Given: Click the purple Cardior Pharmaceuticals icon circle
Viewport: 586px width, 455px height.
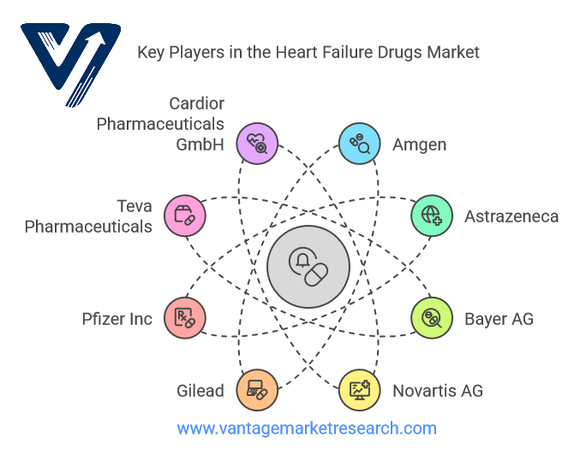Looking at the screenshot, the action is point(257,144).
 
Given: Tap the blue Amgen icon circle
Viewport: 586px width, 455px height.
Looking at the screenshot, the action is point(360,144).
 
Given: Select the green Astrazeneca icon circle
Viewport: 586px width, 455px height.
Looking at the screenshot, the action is point(432,216).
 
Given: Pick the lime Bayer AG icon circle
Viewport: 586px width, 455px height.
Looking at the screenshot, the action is point(432,318).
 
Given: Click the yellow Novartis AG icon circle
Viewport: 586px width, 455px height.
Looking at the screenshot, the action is point(360,390).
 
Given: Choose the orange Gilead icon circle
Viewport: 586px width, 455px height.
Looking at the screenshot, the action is point(257,390).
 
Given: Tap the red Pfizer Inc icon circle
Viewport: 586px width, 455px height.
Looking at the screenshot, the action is point(185,318).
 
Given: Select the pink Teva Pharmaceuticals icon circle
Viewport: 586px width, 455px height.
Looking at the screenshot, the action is point(185,216).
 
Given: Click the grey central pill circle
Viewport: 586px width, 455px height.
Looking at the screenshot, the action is point(308,267).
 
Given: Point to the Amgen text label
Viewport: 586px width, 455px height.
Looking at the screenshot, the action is point(419,145).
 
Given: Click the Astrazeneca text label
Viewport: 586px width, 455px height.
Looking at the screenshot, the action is point(511,216).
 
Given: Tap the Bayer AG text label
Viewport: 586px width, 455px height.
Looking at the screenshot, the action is point(499,319).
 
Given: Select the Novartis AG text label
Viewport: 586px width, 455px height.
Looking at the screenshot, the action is point(438,391).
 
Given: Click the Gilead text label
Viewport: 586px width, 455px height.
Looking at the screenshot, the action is point(200,391).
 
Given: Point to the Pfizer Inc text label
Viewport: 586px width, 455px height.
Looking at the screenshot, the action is point(117,319).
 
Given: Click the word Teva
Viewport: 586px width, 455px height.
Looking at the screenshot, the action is point(135,206).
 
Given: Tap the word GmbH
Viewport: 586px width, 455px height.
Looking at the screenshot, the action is point(200,145).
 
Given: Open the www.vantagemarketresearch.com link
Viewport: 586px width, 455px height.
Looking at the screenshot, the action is point(307,428).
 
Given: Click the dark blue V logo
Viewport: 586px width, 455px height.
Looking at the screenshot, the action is point(70,64).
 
